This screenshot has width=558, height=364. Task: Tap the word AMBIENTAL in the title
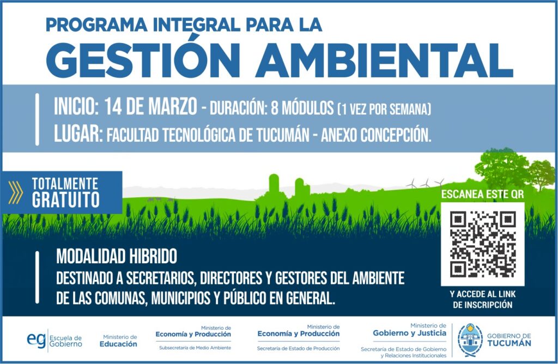(384, 60)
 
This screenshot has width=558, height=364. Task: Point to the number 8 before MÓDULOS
(275, 108)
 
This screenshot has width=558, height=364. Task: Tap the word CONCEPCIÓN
(396, 135)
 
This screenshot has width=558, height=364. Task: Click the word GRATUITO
(65, 199)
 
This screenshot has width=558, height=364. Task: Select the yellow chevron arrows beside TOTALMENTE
(15, 192)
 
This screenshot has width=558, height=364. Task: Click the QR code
(483, 244)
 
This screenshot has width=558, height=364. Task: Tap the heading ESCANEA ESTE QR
(483, 195)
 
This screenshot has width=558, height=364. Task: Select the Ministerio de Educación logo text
(118, 341)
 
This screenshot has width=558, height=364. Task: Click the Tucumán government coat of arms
(470, 340)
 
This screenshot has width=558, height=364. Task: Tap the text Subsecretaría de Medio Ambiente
(195, 348)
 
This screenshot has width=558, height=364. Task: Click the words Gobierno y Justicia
(409, 333)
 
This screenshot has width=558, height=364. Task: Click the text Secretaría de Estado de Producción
(298, 348)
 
